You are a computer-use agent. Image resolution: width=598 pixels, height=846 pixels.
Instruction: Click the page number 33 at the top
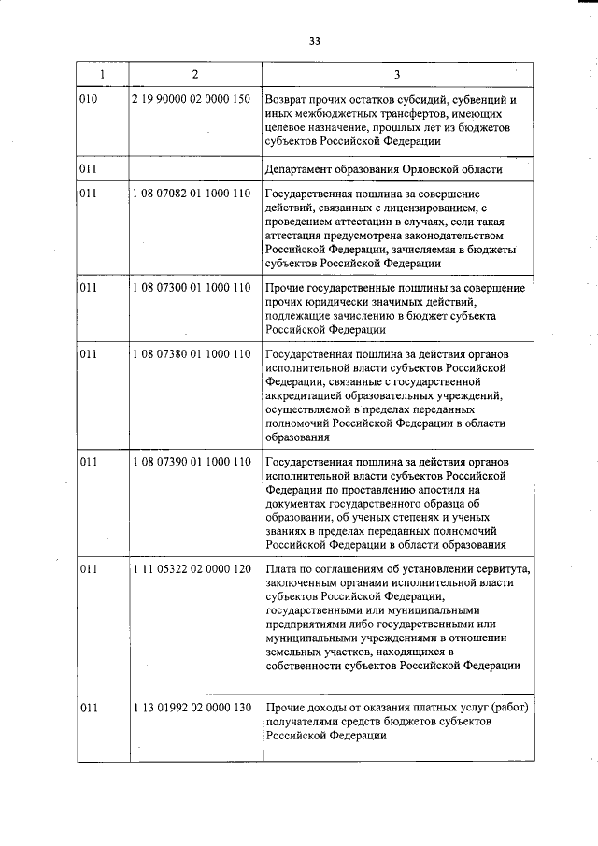[x=314, y=41]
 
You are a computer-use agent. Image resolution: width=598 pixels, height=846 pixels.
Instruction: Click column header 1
[x=102, y=74]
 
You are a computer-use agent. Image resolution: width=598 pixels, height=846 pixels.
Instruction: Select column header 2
[x=193, y=74]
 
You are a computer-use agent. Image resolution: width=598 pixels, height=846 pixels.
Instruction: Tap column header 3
[x=396, y=74]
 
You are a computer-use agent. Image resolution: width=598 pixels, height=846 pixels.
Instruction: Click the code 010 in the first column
[x=89, y=99]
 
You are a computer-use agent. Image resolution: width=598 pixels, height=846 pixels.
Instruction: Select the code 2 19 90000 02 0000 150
[x=192, y=99]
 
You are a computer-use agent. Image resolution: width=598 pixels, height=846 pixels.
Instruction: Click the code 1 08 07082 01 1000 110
[x=192, y=194]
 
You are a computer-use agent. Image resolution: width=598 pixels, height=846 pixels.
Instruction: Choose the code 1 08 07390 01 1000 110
[x=192, y=462]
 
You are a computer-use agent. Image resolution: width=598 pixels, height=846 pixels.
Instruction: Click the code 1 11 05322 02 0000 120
[x=192, y=569]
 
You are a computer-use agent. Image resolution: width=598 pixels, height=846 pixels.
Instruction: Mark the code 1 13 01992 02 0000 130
[x=192, y=707]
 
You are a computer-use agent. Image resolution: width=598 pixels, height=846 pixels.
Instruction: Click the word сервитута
[x=500, y=569]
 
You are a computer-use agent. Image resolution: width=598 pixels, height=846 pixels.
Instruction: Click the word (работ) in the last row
[x=510, y=707]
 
